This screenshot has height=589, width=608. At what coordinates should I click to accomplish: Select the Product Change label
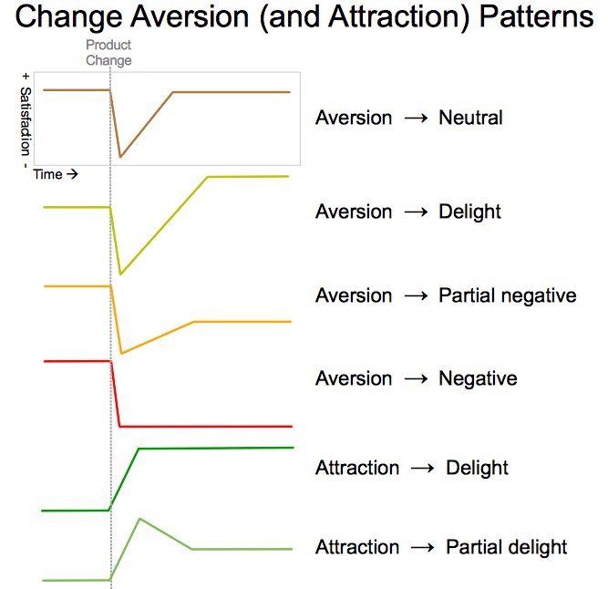pos(108,53)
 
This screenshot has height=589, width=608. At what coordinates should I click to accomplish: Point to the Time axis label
pos(55,174)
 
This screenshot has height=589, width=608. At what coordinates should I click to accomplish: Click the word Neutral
pos(470,118)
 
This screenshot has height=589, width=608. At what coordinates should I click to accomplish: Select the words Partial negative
pos(507,295)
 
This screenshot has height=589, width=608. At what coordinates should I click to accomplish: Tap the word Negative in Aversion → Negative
pos(477,378)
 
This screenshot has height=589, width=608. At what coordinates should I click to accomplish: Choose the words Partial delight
pos(506,547)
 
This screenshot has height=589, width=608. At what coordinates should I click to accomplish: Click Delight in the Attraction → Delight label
pos(477,468)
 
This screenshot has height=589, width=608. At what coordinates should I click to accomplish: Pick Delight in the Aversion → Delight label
pos(469,212)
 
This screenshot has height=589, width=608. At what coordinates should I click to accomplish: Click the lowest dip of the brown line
pos(120,158)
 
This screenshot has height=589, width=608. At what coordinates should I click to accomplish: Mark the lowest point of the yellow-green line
pos(120,274)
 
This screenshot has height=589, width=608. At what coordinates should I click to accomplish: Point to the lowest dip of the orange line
pos(121,353)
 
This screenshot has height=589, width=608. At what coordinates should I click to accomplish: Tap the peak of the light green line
pos(139,518)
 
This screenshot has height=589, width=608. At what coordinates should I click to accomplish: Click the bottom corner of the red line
pos(120,426)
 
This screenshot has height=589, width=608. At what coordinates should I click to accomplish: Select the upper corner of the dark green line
pos(138,449)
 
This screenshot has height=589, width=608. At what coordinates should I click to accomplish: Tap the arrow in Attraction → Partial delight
pos(422,548)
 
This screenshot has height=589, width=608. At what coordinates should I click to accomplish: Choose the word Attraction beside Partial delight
pos(356,547)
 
